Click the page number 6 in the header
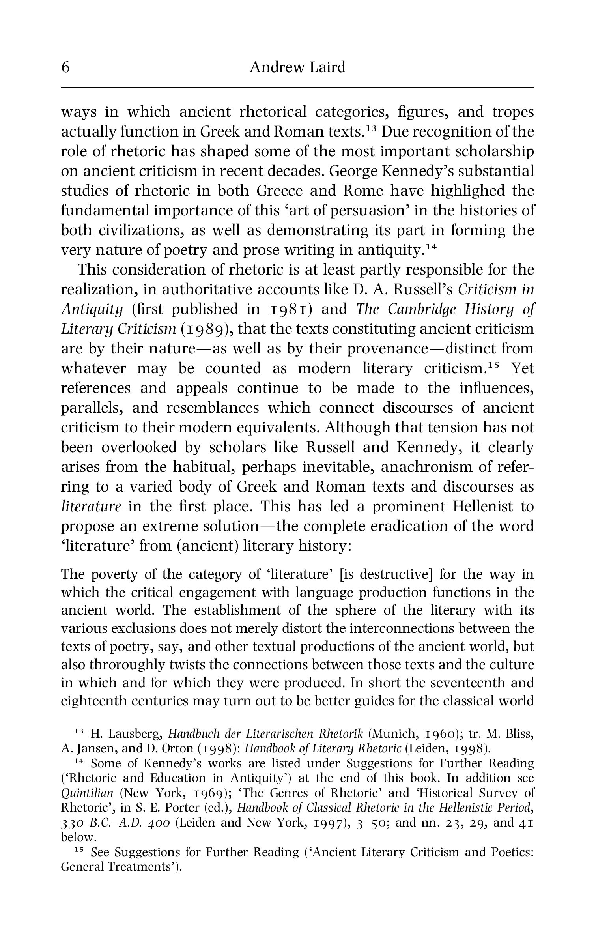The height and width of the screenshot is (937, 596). (x=65, y=67)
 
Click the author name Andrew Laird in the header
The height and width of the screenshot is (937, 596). (x=297, y=67)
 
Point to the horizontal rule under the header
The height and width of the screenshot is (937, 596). (x=297, y=88)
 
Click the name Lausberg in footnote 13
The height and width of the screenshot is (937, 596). (x=134, y=734)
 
